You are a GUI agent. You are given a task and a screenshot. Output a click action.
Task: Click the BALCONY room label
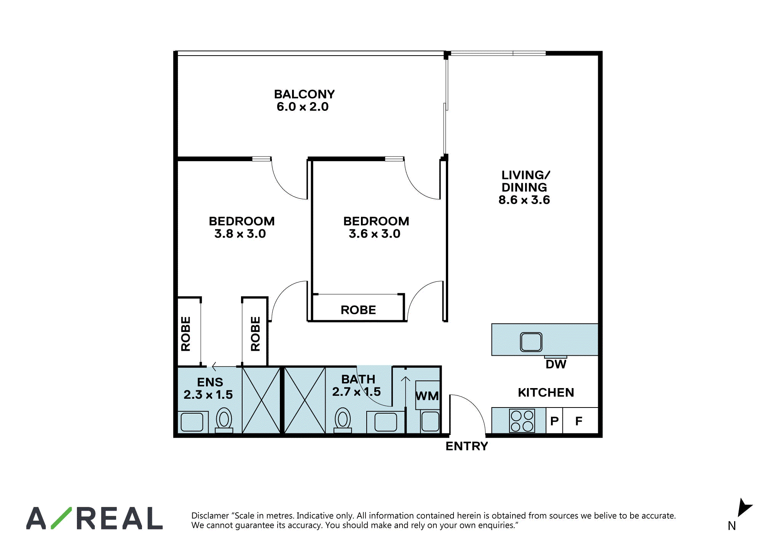[x=304, y=94]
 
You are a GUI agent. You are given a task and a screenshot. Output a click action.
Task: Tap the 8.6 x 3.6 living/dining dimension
[x=524, y=200]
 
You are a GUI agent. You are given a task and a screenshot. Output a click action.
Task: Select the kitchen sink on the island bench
[x=531, y=342]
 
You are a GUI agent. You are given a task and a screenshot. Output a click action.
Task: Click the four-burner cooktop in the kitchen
[x=522, y=421]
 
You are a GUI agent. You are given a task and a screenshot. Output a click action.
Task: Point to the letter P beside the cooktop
[x=554, y=421]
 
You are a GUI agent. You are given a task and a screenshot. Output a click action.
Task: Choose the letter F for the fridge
[x=579, y=421]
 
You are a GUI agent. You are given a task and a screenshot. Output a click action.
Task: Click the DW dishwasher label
[x=556, y=364]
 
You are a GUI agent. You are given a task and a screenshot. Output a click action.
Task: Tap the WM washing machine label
[x=427, y=396]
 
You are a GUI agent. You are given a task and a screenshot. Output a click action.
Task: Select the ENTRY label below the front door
[x=467, y=446]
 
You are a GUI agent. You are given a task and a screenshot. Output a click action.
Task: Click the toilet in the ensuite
[x=224, y=420]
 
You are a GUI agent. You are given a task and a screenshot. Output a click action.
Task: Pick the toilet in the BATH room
[x=343, y=420]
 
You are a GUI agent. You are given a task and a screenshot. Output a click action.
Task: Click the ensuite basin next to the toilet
[x=192, y=422]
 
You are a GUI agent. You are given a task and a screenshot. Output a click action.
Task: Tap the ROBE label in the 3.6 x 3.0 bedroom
[x=358, y=310]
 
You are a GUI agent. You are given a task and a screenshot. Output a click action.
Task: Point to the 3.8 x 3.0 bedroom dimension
[x=240, y=234]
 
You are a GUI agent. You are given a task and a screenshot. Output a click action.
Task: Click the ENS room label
[x=210, y=382]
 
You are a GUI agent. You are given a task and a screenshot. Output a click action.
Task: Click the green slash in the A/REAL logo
[x=61, y=518]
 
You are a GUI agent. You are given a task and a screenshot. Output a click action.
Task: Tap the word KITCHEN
[x=546, y=393]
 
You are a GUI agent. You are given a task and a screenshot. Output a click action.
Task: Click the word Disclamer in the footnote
[x=210, y=516]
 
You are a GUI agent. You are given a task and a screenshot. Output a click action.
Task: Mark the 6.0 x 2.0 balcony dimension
[x=303, y=107]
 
